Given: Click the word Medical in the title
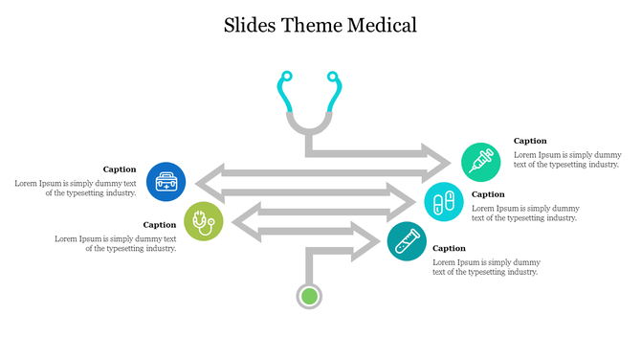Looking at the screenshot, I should pos(379,25).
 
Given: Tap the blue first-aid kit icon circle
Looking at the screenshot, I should pos(166,182).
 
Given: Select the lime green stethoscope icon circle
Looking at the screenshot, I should pos(203,222).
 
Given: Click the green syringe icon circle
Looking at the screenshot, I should pos(480,162).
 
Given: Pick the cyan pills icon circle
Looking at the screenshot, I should pos(444,202).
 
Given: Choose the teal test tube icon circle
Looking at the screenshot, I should pos(407,241).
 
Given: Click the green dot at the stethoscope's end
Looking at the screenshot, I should pos(308,296).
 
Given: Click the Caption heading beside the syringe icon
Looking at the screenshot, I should pos(530,141).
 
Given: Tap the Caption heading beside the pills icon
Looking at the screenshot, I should pos(488,194).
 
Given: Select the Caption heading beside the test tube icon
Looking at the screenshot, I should pos(449,248).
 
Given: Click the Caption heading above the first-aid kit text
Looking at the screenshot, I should pos(120,169).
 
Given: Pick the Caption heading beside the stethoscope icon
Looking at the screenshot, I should pos(160,225).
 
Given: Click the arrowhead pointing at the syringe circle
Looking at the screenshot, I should pos(434,154).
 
